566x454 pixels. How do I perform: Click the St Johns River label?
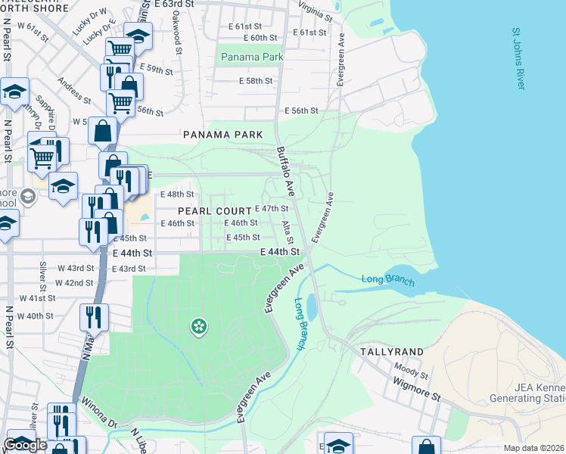518,60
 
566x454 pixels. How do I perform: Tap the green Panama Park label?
251,58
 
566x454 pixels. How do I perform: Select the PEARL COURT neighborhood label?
215,211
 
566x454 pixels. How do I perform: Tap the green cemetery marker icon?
199,326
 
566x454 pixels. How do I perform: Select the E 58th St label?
255,81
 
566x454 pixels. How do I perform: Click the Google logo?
25,445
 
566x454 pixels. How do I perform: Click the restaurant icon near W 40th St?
95,316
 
